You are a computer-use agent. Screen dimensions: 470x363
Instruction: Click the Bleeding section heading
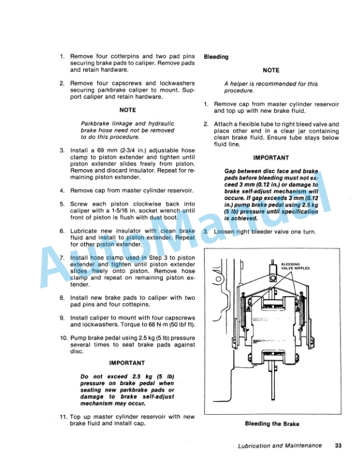coord(216,57)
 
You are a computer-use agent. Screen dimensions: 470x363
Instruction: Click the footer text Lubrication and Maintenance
coord(276,446)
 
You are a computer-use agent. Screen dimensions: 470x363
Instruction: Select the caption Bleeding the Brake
coord(272,424)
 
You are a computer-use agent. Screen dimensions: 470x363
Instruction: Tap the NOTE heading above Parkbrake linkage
coord(127,110)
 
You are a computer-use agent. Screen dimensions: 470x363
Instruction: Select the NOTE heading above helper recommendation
coord(270,71)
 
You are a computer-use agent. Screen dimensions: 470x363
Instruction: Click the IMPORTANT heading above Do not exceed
coord(127,363)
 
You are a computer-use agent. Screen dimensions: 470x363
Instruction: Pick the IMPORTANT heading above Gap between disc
coord(270,158)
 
